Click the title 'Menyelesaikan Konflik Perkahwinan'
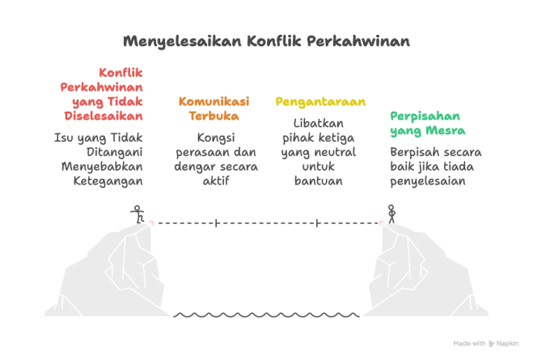(266, 40)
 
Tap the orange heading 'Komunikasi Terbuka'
(214, 108)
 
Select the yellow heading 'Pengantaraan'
(320, 102)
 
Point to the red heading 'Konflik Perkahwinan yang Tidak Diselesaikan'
(102, 93)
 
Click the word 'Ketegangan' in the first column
(102, 180)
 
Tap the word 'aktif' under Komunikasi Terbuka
(214, 180)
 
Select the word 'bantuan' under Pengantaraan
(319, 180)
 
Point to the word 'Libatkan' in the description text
(319, 122)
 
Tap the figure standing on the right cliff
(391, 214)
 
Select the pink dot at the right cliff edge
(382, 222)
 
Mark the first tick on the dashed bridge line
(216, 222)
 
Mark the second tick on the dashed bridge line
(317, 222)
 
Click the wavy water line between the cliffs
(266, 315)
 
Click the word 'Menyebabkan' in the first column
(102, 166)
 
